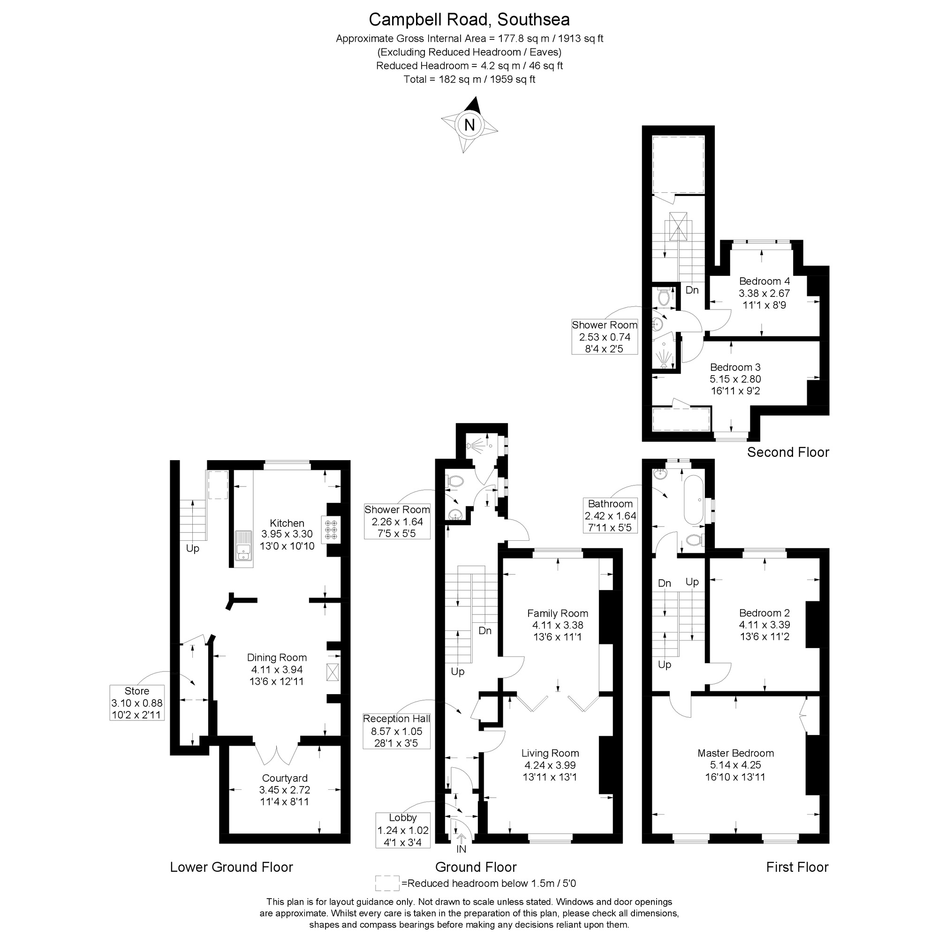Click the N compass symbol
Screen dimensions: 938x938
469,125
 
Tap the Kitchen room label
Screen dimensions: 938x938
287,523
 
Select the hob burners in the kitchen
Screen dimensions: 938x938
332,529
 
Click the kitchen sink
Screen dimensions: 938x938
243,547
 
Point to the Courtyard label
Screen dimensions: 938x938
285,778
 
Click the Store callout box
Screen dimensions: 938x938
137,703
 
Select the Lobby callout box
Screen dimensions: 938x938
403,830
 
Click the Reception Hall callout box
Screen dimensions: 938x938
397,731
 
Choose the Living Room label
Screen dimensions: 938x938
550,754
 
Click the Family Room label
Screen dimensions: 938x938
557,613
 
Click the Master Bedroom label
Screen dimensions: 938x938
735,754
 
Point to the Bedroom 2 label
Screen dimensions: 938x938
764,613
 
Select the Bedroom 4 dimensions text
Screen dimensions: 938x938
764,300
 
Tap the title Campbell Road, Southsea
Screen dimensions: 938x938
469,20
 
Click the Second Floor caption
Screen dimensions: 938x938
787,453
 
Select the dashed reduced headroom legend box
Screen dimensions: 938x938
387,883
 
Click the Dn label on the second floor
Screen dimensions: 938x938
692,290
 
